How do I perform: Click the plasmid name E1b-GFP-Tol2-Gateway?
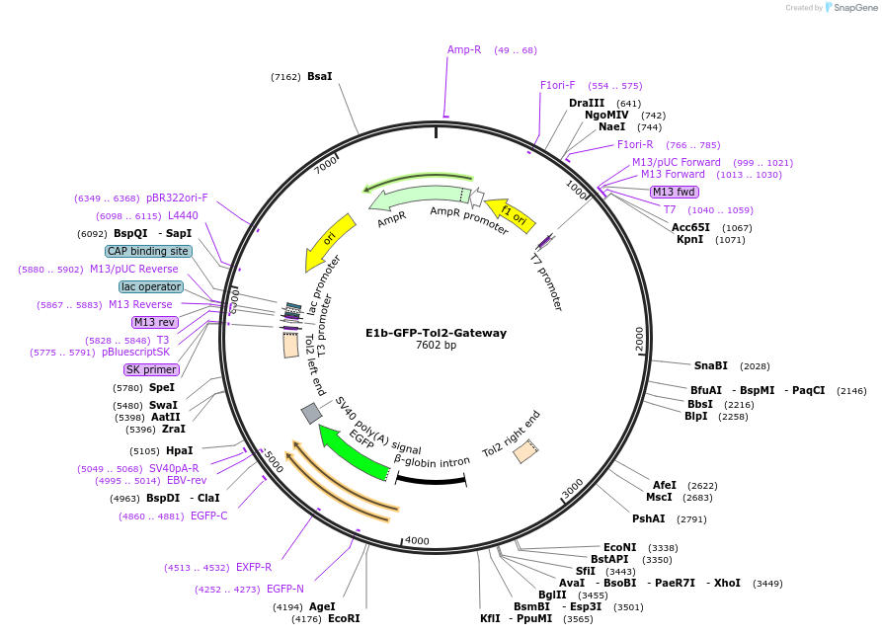coord(436,333)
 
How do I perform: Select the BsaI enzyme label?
coord(320,76)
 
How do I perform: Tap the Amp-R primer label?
coord(464,49)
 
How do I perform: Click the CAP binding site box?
coord(148,251)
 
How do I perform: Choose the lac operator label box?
coord(151,286)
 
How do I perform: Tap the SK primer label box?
coord(151,369)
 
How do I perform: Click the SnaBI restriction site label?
coord(710,365)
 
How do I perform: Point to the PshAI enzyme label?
coord(649,518)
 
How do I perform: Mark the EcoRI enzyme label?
coord(344,619)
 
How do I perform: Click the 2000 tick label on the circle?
coord(640,339)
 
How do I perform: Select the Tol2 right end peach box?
coord(525,451)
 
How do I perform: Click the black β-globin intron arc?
coord(431,481)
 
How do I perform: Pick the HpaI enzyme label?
coord(179,450)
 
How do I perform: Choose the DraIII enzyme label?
coord(587,103)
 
